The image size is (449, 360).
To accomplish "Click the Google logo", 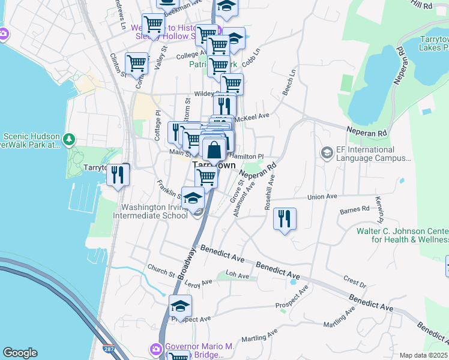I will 20,353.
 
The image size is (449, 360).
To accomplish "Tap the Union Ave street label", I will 322,197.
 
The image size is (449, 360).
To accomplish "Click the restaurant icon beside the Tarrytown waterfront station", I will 118,175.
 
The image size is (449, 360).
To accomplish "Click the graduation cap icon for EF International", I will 327,152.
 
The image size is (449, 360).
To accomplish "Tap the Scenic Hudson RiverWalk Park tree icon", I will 70,140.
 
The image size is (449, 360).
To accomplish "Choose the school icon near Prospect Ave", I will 180,307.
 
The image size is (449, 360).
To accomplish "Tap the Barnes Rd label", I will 354,210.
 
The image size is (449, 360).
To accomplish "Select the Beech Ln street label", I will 289,81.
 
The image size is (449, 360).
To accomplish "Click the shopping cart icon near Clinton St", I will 136,62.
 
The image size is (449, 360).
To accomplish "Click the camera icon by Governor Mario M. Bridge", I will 156,349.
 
